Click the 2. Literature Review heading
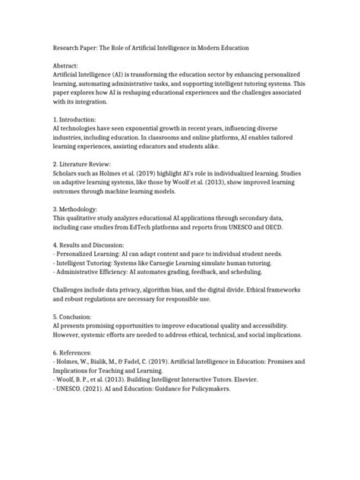pyautogui.click(x=83, y=164)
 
